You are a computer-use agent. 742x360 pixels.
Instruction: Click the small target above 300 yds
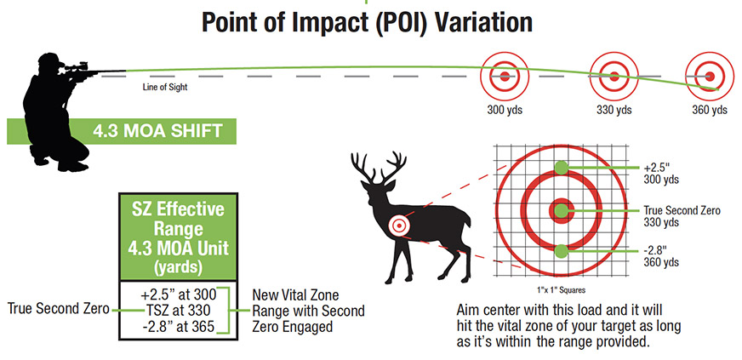(x=504, y=76)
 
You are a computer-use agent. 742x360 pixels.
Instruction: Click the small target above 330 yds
(x=608, y=76)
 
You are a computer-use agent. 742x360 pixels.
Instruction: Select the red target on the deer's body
(x=398, y=224)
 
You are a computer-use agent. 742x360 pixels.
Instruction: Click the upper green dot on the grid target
(x=561, y=167)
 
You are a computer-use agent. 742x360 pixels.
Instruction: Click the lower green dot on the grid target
(x=561, y=250)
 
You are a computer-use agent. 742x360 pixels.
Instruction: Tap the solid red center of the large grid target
(x=561, y=209)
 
